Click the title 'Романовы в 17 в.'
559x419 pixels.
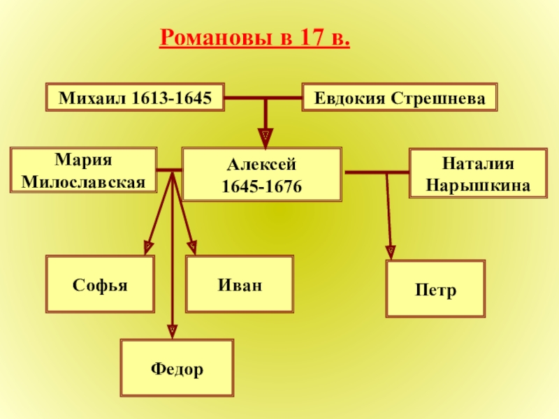(255, 36)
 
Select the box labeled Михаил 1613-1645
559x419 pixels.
(135, 98)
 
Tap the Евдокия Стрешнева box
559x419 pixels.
(400, 98)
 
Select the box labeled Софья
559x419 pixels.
(100, 284)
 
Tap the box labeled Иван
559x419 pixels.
(239, 284)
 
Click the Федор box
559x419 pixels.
(177, 367)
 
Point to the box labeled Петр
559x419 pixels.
(435, 289)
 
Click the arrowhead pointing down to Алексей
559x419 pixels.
(266, 134)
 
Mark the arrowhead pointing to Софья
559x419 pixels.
(148, 246)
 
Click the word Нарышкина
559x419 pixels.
(478, 186)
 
